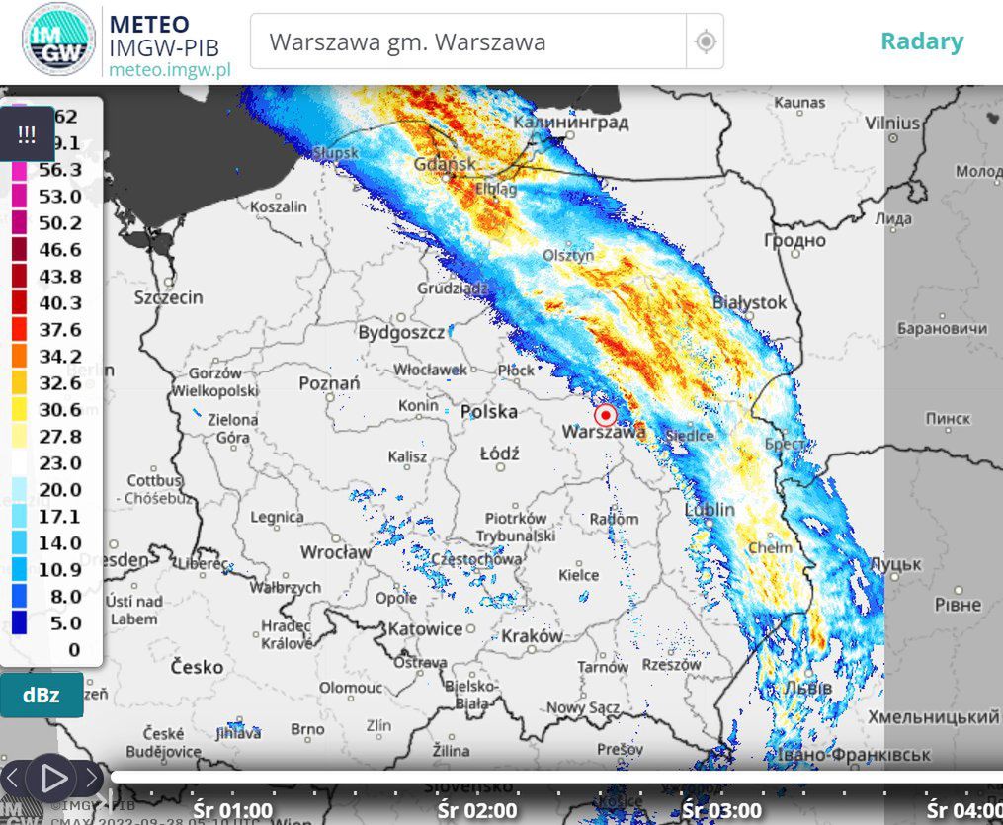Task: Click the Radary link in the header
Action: [921, 41]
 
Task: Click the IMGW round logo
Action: [59, 41]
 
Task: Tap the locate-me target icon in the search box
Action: [705, 41]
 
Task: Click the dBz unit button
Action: [42, 695]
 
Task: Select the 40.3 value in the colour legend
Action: [60, 302]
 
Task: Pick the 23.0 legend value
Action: [60, 462]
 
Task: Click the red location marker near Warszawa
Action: [606, 415]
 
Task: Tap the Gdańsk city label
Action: [446, 163]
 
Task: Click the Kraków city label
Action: [531, 636]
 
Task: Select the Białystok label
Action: [749, 302]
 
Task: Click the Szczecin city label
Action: [169, 296]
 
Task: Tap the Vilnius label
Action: [891, 124]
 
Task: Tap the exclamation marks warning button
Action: [27, 134]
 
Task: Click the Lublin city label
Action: [710, 510]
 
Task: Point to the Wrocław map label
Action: [336, 551]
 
